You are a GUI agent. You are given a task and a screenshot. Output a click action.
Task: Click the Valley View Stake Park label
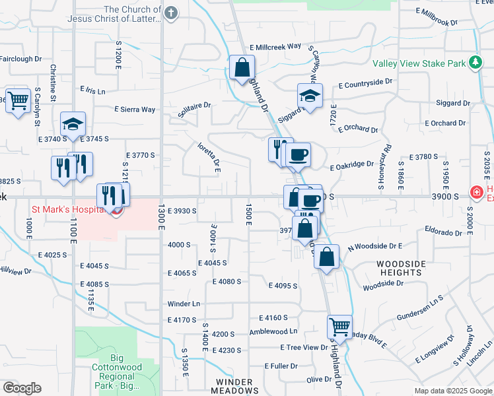(419, 64)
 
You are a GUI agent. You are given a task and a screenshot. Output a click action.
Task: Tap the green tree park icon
(474, 63)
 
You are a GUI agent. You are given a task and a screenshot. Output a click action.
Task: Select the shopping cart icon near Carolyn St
(18, 101)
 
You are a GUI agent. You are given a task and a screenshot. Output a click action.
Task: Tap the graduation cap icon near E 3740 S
(73, 123)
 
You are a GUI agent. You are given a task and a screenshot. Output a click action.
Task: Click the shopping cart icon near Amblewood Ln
(339, 326)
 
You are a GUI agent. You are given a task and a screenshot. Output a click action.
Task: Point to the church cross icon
(171, 13)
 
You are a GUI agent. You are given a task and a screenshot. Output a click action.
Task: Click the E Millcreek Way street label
(275, 48)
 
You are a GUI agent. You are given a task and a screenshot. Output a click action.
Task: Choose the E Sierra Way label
(134, 110)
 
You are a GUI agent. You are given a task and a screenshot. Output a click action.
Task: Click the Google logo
(22, 388)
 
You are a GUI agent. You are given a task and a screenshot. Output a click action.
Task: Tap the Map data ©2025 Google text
(452, 391)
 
